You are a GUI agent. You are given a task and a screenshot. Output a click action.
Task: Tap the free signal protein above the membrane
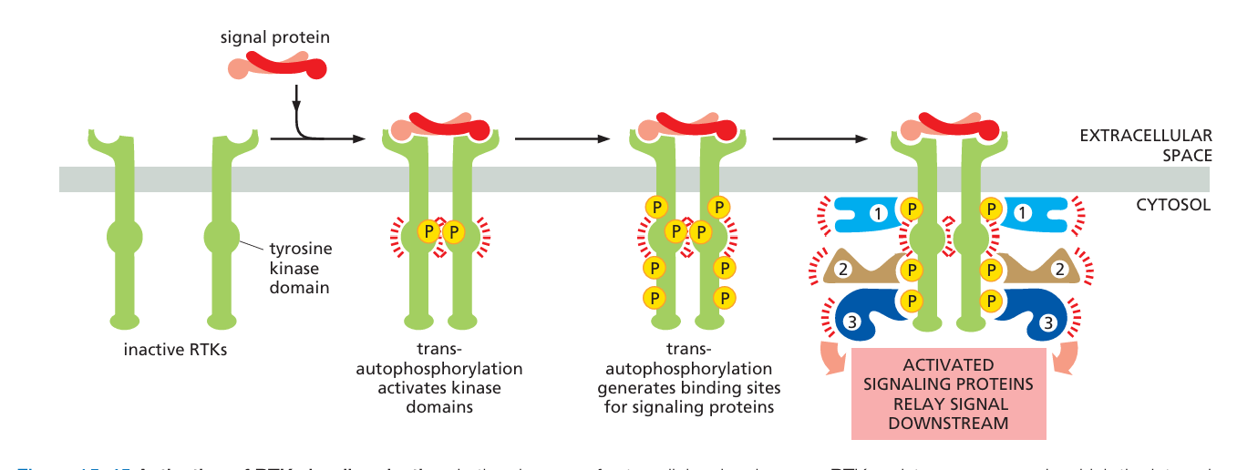277,65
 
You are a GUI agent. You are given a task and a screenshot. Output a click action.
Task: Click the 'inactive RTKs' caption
175,349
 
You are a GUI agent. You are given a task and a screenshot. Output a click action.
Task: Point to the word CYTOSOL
1173,205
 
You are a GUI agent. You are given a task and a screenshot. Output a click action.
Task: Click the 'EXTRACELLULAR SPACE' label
1145,146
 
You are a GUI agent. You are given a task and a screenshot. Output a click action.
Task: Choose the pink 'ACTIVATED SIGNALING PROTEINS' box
948,393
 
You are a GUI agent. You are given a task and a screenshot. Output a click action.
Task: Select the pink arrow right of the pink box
1062,359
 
